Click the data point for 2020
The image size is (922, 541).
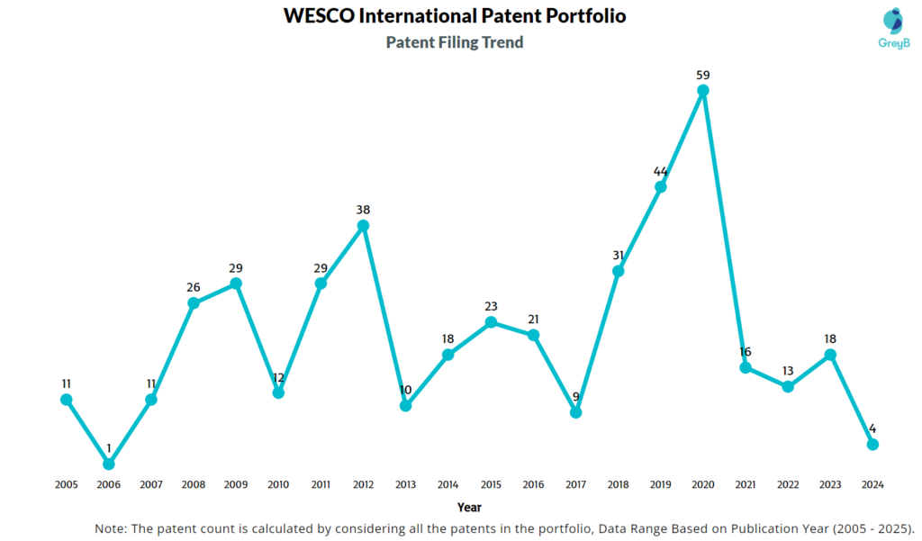click(x=703, y=90)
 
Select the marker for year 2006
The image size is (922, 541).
click(x=109, y=464)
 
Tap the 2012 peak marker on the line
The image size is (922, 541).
click(x=363, y=226)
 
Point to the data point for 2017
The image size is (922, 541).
click(x=575, y=412)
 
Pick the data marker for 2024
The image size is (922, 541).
click(x=872, y=444)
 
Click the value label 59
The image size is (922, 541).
click(x=703, y=74)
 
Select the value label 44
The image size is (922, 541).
click(x=661, y=171)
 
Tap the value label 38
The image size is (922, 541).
click(x=363, y=210)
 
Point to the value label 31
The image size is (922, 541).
click(x=619, y=255)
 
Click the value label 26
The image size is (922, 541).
click(x=194, y=287)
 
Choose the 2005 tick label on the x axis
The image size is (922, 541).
click(x=66, y=484)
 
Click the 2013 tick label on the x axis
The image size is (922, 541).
click(x=406, y=484)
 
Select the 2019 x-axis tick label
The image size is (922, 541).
click(x=661, y=484)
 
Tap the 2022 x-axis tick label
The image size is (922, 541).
click(x=788, y=484)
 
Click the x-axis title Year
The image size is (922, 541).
click(x=469, y=507)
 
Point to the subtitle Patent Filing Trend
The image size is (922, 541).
click(x=455, y=42)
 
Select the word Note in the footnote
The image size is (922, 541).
click(x=111, y=527)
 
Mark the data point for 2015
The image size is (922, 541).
click(x=491, y=321)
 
